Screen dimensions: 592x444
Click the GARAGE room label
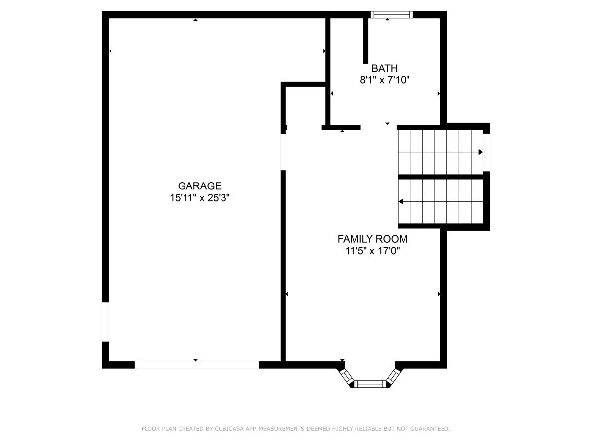[200, 186]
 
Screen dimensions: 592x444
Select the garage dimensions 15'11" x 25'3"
[200, 198]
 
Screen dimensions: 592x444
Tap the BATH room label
[384, 69]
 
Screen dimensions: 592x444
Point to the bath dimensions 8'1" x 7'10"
[385, 80]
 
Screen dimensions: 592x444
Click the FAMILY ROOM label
[372, 239]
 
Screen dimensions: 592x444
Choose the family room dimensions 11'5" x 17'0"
[372, 251]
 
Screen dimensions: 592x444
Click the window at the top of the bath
[392, 15]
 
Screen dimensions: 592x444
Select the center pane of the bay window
[370, 384]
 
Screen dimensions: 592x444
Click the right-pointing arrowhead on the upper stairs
[481, 152]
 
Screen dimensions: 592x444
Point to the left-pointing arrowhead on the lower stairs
[401, 201]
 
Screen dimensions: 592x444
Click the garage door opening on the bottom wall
[197, 365]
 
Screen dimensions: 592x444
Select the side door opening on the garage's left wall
[105, 322]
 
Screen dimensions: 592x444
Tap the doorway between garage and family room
[283, 152]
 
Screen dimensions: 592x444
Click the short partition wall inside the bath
[366, 40]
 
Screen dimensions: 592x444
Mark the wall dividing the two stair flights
[441, 177]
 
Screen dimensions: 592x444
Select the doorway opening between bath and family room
[378, 127]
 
